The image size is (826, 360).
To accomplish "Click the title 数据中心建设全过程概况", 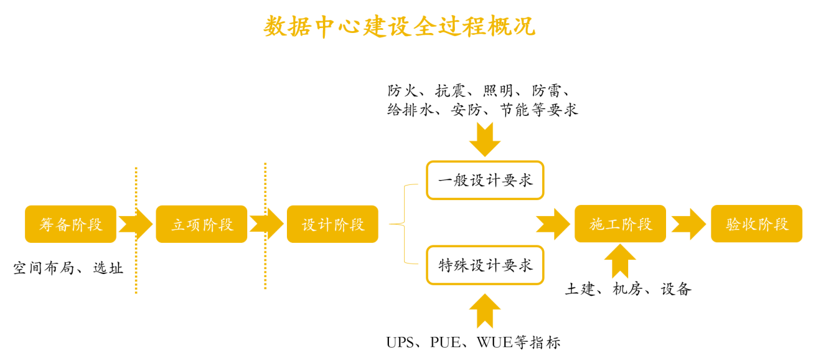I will pyautogui.click(x=400, y=26).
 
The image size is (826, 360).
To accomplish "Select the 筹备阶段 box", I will pyautogui.click(x=70, y=224).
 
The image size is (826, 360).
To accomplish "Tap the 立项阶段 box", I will pyautogui.click(x=201, y=224).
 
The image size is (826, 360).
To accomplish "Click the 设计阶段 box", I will pyautogui.click(x=333, y=224).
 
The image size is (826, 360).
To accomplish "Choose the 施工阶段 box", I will pyautogui.click(x=620, y=224).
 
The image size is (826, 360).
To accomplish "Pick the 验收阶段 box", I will pyautogui.click(x=756, y=224).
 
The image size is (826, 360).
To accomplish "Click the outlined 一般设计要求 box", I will pyautogui.click(x=485, y=180).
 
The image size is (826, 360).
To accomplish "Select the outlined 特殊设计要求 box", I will pyautogui.click(x=485, y=265).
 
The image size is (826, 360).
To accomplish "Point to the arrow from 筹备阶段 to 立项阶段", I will pyautogui.click(x=136, y=224).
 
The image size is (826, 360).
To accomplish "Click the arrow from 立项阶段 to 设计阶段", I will pyautogui.click(x=267, y=224).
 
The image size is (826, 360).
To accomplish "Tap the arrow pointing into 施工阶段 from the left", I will pyautogui.click(x=553, y=224).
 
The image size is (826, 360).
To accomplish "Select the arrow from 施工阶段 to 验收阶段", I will pyautogui.click(x=689, y=224).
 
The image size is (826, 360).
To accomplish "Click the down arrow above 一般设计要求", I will pyautogui.click(x=485, y=139).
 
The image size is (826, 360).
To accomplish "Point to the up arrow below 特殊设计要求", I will pyautogui.click(x=485, y=310).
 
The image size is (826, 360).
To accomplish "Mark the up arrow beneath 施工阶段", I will pyautogui.click(x=620, y=261).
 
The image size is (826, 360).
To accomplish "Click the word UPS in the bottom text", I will pyautogui.click(x=400, y=342).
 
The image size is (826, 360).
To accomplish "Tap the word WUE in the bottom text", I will pyautogui.click(x=495, y=342).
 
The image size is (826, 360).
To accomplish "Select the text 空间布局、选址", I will pyautogui.click(x=68, y=268).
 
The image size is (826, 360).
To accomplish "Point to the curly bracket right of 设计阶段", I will pyautogui.click(x=404, y=224).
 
